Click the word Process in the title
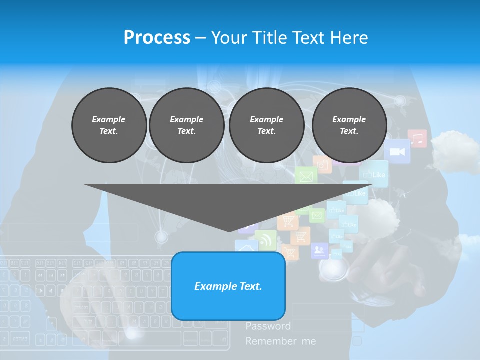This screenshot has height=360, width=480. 157,38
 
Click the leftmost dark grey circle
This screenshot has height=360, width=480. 109,125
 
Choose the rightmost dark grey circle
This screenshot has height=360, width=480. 349,125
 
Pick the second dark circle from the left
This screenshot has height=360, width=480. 187,125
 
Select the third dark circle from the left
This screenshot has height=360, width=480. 267,125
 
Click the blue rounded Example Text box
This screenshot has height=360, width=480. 228,286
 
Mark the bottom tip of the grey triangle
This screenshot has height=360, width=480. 229,231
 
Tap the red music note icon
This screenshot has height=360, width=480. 417,138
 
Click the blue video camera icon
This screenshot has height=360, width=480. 397,151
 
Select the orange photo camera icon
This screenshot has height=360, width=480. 323,163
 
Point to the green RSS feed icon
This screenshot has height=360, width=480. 265,240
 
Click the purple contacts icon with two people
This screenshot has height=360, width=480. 319,250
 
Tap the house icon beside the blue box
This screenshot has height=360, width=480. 246,247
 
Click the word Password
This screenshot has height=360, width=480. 268,326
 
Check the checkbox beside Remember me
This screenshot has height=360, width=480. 357,341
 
